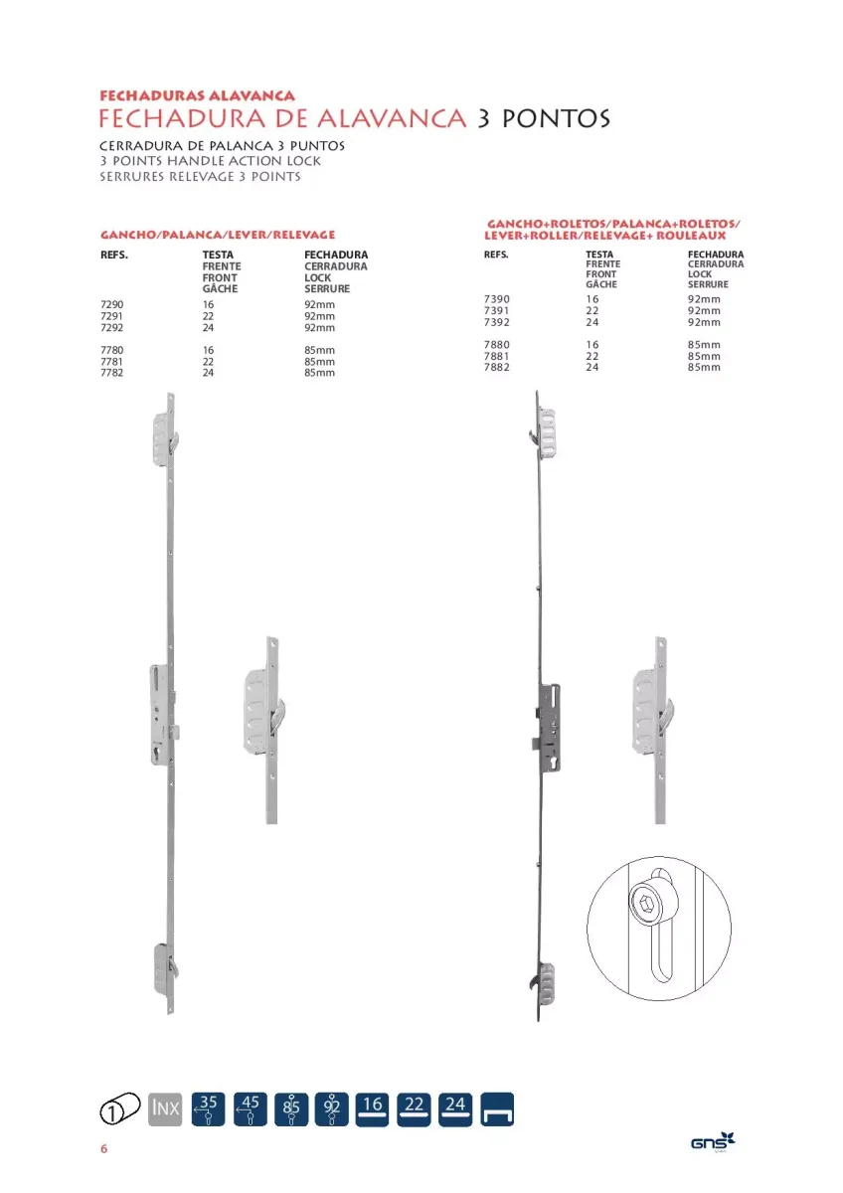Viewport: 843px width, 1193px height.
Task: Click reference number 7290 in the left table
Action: [x=111, y=304]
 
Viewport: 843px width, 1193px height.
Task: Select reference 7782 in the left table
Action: [x=111, y=373]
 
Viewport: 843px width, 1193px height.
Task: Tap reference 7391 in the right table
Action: [x=496, y=310]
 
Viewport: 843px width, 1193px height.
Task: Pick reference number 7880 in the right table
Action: [x=496, y=345]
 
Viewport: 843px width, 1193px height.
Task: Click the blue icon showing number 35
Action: [x=208, y=1109]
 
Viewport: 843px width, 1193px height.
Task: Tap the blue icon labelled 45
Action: [x=250, y=1109]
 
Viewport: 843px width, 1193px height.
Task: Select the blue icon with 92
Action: [x=332, y=1109]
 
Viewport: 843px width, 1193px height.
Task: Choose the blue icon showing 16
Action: [x=372, y=1109]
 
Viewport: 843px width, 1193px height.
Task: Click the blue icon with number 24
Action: [x=455, y=1109]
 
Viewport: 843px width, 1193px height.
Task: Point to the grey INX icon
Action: [x=165, y=1109]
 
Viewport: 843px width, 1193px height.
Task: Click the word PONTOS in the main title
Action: [x=556, y=118]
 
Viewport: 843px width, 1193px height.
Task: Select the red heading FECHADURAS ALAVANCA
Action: [x=197, y=95]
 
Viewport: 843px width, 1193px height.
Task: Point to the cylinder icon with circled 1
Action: [x=120, y=1109]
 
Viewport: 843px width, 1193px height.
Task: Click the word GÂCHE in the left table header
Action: [x=220, y=288]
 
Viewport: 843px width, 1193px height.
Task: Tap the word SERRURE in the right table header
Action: [x=708, y=284]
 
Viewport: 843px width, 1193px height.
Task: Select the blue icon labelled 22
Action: [x=414, y=1109]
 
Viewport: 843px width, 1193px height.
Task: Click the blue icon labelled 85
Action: [x=291, y=1109]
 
